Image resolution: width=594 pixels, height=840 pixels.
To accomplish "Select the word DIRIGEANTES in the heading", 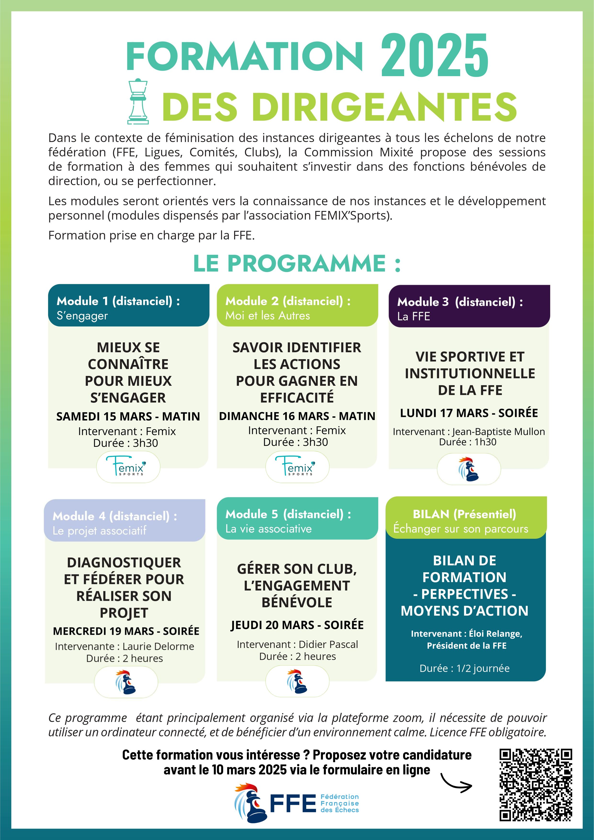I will point(384,107).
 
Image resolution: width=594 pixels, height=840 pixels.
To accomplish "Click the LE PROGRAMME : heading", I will point(297,263).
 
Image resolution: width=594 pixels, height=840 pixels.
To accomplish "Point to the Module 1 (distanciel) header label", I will point(118,301).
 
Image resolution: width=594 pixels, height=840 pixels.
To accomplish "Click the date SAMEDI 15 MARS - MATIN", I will point(128,416).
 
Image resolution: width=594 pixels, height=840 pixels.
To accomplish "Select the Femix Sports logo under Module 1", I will point(128,467).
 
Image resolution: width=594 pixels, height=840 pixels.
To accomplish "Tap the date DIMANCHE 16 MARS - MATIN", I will point(297,416).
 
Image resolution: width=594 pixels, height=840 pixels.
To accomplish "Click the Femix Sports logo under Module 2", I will point(297,467).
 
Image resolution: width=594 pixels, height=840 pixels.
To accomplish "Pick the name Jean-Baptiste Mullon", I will point(498,432).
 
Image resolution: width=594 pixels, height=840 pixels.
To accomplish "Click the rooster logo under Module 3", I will point(469,469).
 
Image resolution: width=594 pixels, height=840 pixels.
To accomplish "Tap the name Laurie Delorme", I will point(158,647).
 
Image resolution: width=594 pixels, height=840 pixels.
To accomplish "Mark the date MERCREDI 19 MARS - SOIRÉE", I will point(126,631).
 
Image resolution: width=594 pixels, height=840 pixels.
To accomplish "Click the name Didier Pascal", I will point(328,644).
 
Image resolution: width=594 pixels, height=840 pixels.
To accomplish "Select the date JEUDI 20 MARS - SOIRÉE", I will point(297,625).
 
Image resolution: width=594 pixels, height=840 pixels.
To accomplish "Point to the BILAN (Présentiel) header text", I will point(464,514).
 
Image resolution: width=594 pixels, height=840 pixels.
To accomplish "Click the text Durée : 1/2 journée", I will point(464,668).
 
